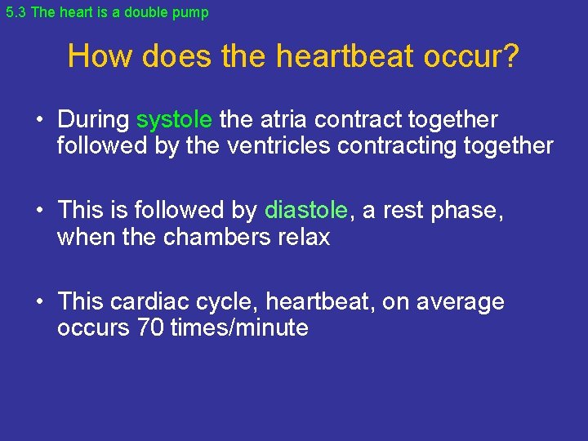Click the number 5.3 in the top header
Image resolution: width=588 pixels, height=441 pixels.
[16, 12]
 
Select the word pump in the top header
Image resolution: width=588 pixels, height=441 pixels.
[190, 12]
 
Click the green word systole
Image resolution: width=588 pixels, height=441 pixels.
[174, 120]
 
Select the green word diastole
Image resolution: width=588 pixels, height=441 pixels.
[305, 211]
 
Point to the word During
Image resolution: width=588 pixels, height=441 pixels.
[93, 120]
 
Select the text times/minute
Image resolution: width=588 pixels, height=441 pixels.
[239, 327]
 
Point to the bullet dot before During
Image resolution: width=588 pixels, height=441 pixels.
[39, 121]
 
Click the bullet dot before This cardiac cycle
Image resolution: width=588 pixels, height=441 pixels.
[39, 302]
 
